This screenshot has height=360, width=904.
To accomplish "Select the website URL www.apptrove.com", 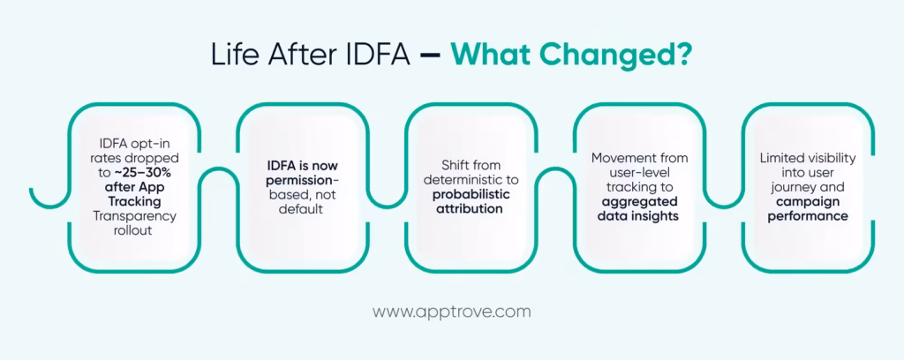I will coord(451,311).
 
